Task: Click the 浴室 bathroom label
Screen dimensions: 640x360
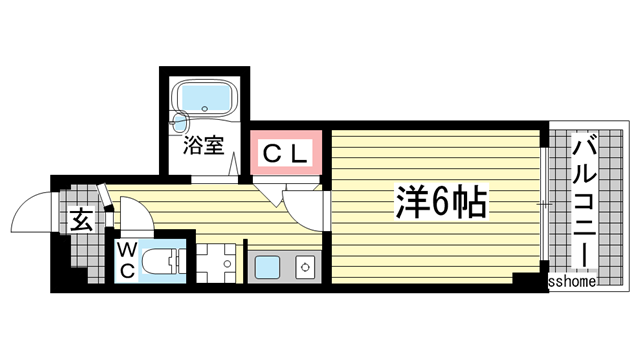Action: [203, 147]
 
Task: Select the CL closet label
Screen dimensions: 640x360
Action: [287, 153]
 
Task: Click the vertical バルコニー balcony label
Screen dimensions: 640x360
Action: [581, 204]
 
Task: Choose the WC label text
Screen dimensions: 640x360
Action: [129, 257]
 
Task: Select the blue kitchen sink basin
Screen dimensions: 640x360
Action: [267, 267]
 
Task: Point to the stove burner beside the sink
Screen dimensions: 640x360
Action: [302, 266]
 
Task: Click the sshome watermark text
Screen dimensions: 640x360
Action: [573, 283]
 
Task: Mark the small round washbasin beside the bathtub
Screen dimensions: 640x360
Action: [180, 124]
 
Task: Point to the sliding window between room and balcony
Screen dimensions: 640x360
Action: [542, 205]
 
